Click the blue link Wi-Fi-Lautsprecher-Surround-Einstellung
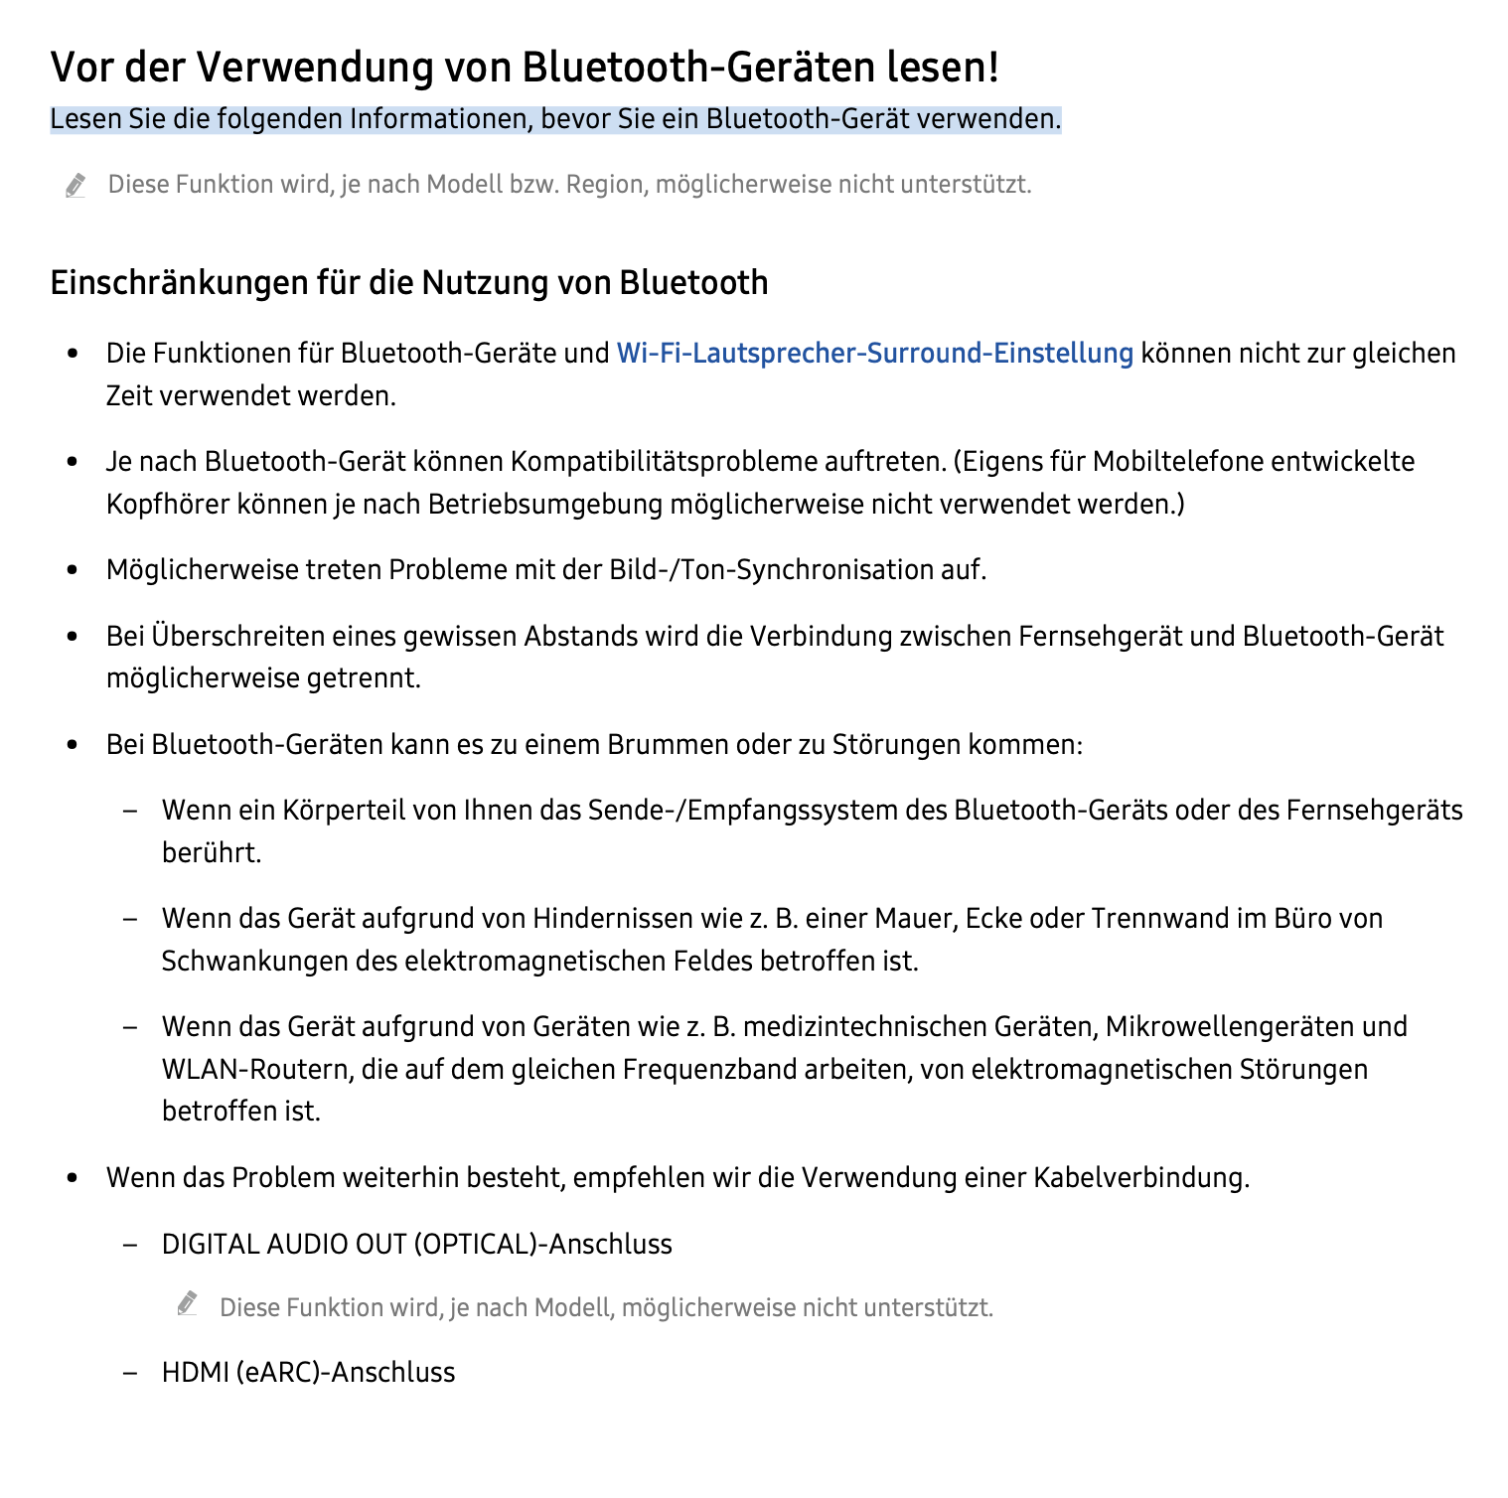click(874, 354)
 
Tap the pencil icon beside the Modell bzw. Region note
click(75, 185)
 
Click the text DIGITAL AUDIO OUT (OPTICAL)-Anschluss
click(416, 1245)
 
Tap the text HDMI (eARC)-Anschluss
click(308, 1373)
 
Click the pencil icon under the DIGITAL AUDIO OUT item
click(188, 1304)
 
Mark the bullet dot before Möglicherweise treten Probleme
click(72, 571)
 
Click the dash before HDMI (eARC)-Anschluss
click(129, 1373)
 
